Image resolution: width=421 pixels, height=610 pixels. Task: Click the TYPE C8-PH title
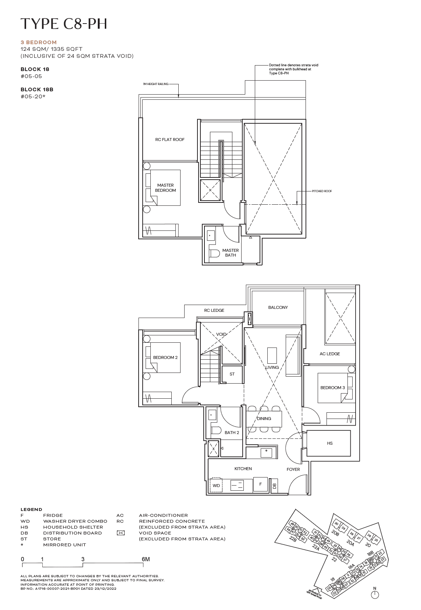[64, 24]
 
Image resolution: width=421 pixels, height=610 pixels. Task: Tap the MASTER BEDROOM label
[165, 188]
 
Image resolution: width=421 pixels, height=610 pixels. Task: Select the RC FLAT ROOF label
[170, 140]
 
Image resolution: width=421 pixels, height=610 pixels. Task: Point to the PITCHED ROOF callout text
[322, 191]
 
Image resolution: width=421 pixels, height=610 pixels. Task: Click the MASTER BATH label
[230, 253]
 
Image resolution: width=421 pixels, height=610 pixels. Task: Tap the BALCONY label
[278, 307]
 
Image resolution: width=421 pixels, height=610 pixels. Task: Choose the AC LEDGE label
[330, 354]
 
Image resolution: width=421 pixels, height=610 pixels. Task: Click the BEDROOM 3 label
[332, 388]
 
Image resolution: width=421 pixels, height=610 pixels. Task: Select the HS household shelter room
[329, 443]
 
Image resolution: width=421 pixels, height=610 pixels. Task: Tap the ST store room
[232, 374]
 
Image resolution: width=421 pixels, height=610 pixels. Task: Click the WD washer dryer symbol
[216, 486]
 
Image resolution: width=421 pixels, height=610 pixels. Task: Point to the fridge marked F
[260, 484]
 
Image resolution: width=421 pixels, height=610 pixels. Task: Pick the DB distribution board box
[274, 486]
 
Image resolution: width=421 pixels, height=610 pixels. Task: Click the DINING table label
[264, 419]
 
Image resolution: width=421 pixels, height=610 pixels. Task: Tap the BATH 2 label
[232, 433]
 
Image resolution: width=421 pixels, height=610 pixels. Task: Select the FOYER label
[293, 469]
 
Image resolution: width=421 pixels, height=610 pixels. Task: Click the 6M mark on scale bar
[146, 559]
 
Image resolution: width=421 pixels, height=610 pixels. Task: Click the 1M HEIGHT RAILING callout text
[156, 84]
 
